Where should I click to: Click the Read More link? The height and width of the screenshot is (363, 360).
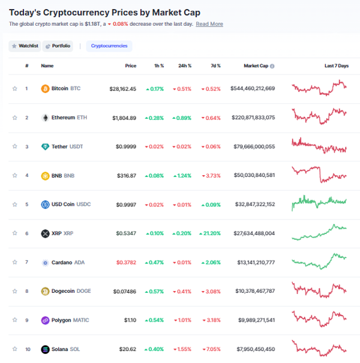point(209,24)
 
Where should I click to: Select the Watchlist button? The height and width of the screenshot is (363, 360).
point(25,46)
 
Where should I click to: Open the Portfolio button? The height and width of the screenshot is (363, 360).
point(58,46)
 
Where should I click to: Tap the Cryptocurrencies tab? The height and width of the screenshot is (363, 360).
point(109,46)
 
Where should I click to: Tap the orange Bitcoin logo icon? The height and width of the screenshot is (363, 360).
point(45,89)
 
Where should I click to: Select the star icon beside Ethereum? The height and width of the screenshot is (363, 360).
point(15,118)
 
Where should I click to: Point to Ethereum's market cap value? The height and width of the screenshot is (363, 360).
point(253,118)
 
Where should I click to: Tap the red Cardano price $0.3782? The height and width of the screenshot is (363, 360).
point(124,262)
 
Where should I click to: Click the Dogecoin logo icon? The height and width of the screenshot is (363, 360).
point(45,291)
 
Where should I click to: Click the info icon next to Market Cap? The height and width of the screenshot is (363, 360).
point(272,66)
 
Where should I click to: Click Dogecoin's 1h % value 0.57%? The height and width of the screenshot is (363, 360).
point(154,292)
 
